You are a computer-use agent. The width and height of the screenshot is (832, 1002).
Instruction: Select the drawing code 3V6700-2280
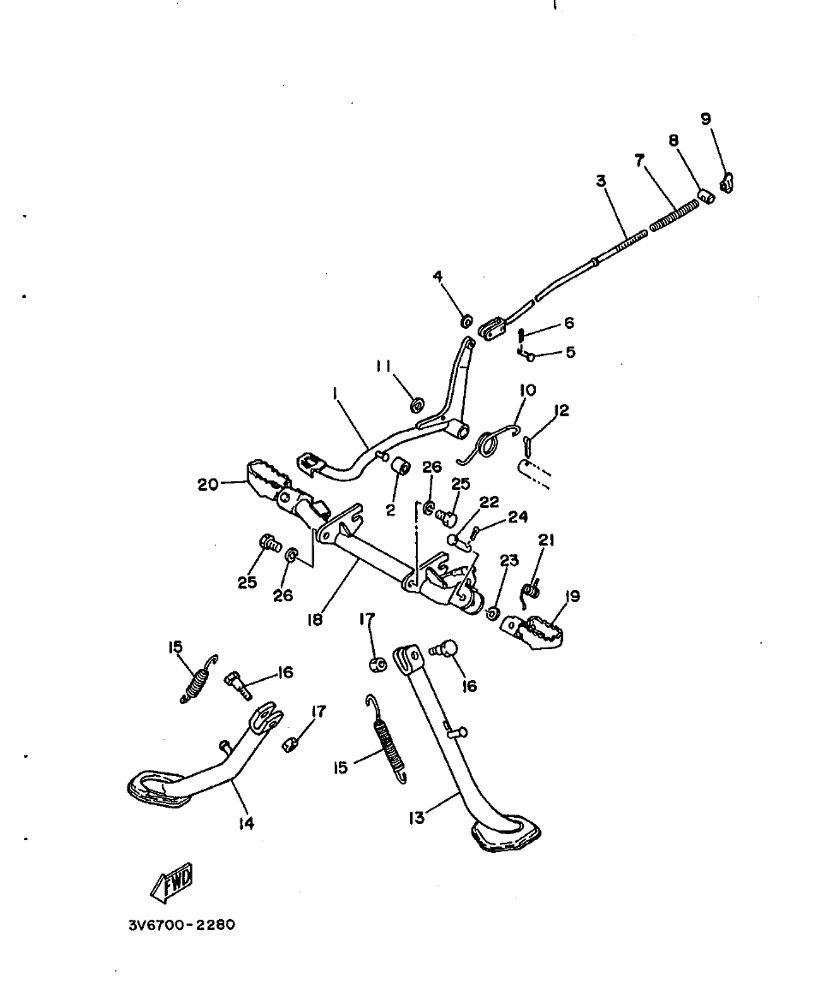[x=180, y=926]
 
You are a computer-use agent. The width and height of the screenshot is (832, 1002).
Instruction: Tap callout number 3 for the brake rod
[x=601, y=181]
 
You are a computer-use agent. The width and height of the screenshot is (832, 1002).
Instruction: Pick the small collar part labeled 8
[x=705, y=197]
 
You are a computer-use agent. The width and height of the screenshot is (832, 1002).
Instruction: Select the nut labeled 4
[x=467, y=321]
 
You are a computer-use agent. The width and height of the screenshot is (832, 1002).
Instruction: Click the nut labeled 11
[x=417, y=403]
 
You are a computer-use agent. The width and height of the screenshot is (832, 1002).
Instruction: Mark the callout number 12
[x=561, y=411]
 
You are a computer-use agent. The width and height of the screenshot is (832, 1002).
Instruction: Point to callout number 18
[x=316, y=618]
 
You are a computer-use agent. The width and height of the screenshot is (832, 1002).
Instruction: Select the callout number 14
[x=247, y=824]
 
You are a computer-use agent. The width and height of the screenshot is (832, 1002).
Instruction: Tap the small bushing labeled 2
[x=400, y=467]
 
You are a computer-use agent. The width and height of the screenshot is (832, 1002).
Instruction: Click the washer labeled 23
[x=493, y=613]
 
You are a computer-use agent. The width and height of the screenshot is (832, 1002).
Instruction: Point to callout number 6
[x=568, y=324]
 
